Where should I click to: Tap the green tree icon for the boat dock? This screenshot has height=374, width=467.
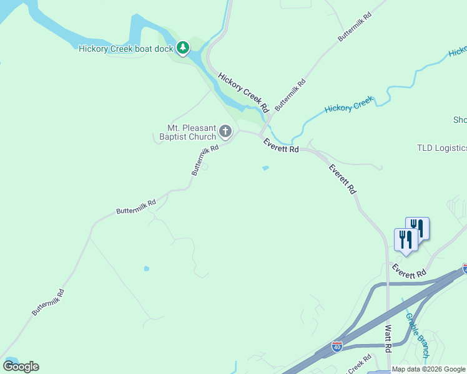[182, 48]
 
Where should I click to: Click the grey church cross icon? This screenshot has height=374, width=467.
[225, 132]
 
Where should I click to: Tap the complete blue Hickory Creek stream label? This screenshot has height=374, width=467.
[348, 104]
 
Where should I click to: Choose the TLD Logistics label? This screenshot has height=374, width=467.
[442, 148]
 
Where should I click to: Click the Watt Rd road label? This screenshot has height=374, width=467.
[388, 337]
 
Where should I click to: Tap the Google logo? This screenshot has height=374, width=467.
[21, 367]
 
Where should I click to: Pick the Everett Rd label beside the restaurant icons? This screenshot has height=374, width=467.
[409, 270]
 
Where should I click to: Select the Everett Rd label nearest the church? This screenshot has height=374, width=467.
[281, 145]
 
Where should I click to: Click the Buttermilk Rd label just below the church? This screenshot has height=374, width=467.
[205, 160]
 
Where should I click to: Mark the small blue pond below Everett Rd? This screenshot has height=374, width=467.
[265, 168]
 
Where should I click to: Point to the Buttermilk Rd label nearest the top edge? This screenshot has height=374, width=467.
[354, 27]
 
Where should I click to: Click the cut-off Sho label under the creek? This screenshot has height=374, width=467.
[460, 120]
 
